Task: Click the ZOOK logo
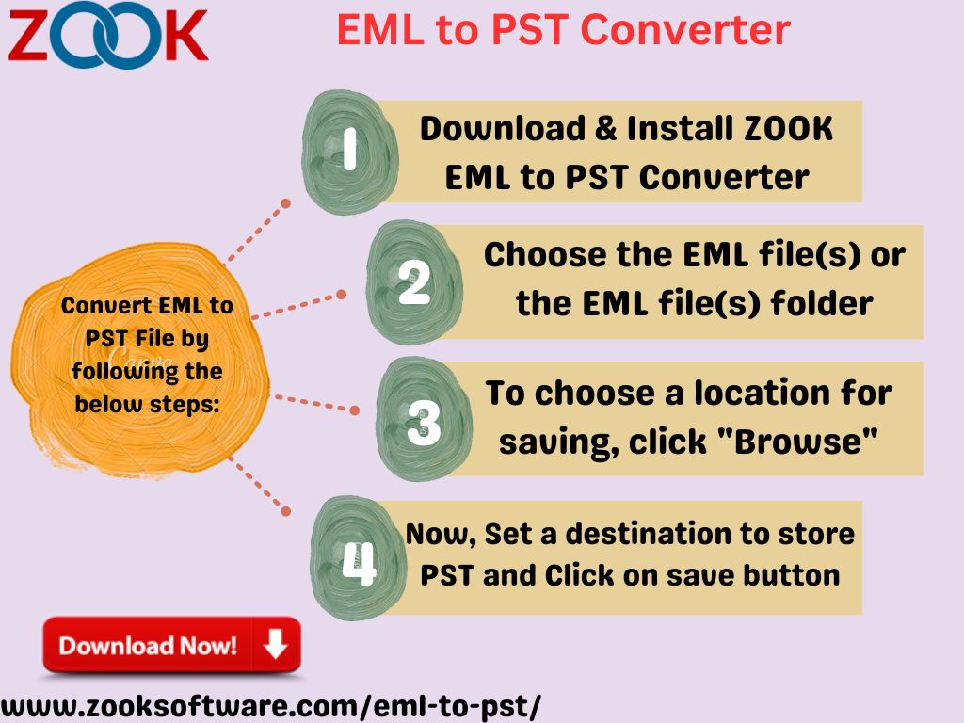108,37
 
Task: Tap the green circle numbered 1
349,152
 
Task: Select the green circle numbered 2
414,281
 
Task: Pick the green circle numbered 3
424,419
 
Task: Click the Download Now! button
171,646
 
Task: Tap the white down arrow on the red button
276,644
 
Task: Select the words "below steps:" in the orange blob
147,404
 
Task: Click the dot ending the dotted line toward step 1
285,203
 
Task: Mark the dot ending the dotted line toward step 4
286,511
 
